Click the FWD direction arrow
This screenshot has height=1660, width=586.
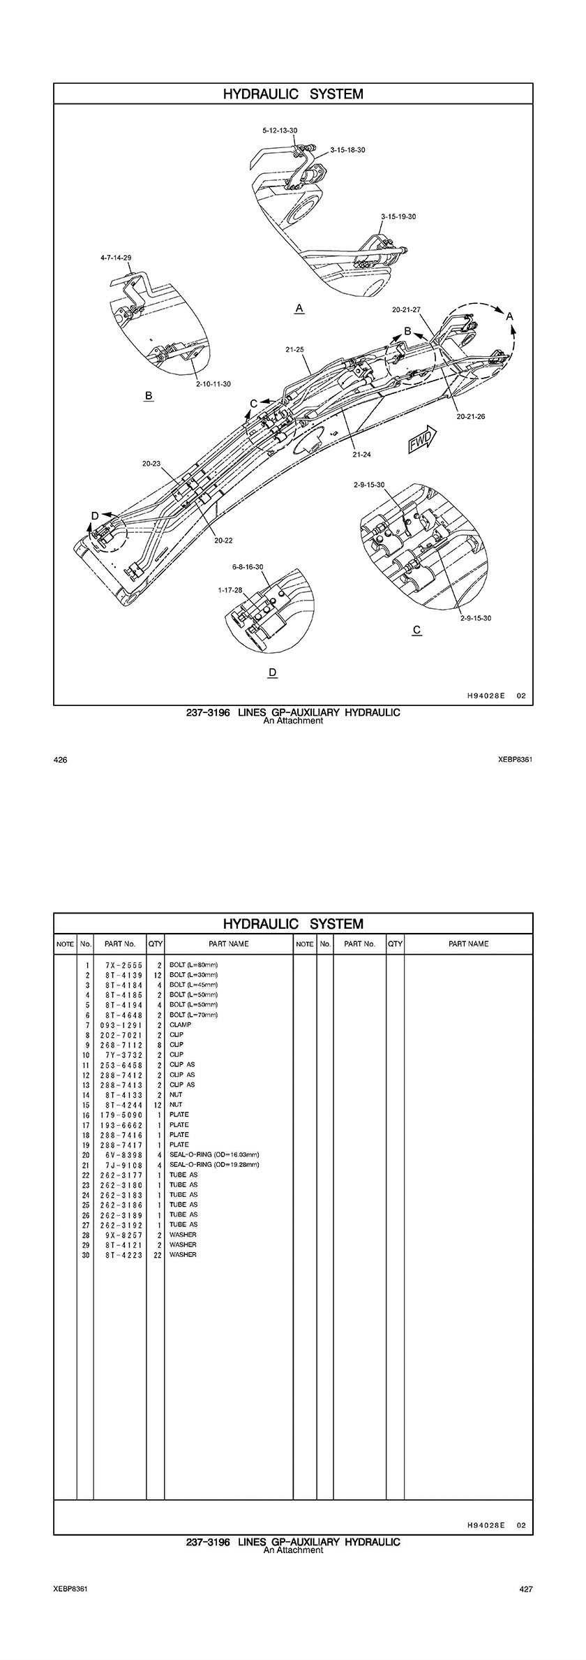tap(421, 440)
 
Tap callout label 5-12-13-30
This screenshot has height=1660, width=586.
tap(280, 130)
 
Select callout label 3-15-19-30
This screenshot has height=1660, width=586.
tap(398, 216)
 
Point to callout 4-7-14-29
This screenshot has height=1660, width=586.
tap(116, 258)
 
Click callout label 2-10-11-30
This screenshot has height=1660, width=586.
tap(213, 384)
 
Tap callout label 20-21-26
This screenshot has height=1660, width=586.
tap(470, 416)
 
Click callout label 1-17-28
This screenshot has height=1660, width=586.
tap(230, 590)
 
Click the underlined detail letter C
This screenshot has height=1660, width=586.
tap(416, 630)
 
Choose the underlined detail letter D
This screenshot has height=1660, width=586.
tap(273, 673)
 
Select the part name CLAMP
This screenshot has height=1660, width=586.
tap(180, 1024)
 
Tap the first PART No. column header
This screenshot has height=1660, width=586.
tap(120, 943)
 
